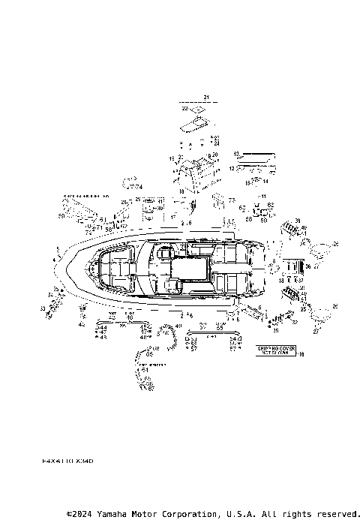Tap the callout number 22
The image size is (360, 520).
click(x=184, y=109)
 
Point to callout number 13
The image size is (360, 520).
click(x=235, y=154)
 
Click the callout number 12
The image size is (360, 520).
click(x=232, y=169)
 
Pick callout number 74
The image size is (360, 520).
click(x=138, y=187)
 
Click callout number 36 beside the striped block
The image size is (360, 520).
click(x=308, y=266)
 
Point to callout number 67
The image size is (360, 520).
click(x=152, y=388)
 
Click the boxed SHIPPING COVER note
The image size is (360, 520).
click(x=277, y=351)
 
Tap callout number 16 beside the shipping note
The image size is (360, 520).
click(x=301, y=354)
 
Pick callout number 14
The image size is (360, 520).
click(x=265, y=180)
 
